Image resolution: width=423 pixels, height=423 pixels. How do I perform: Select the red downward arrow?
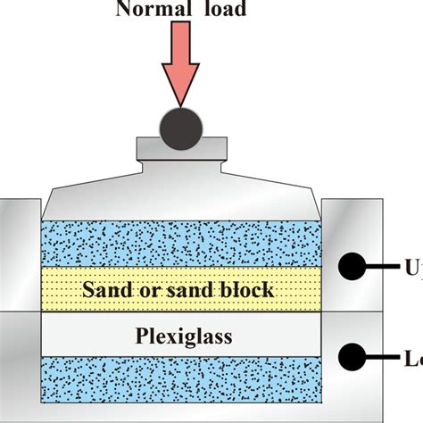(x=182, y=70)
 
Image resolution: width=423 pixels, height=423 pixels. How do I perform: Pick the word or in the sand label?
(x=150, y=290)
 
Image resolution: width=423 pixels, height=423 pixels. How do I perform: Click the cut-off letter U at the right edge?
(x=414, y=267)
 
